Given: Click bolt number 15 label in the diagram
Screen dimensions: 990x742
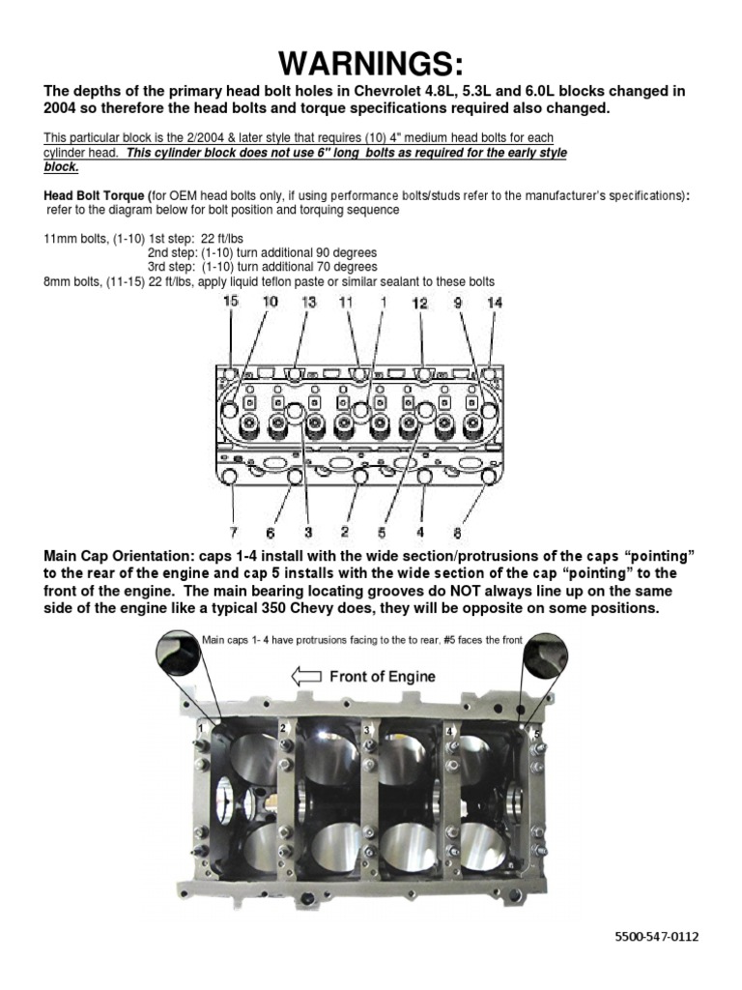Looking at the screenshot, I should (x=231, y=303).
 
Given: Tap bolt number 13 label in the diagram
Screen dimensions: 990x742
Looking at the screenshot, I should (x=308, y=303).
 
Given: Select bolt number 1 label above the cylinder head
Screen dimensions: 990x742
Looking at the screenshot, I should (x=383, y=303).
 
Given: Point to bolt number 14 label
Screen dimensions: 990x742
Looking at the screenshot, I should (x=495, y=303).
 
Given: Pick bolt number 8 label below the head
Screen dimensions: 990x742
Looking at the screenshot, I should (x=457, y=532).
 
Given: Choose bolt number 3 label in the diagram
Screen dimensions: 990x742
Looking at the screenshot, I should (x=309, y=531).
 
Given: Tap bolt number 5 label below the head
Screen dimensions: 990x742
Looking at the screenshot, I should (x=383, y=531).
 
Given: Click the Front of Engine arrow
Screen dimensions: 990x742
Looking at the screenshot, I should (x=306, y=677).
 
